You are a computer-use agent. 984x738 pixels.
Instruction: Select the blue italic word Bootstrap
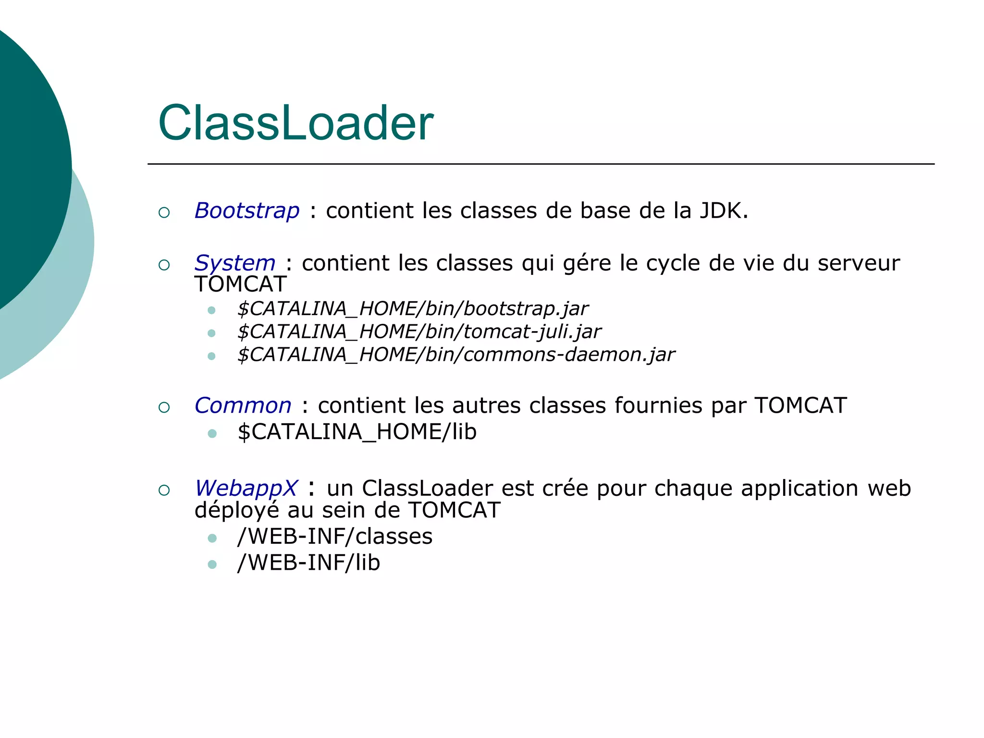pos(247,211)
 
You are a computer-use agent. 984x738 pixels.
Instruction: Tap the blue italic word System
pos(235,263)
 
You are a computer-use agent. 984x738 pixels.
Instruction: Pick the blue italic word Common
pos(243,406)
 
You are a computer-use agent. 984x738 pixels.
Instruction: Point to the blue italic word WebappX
pos(246,488)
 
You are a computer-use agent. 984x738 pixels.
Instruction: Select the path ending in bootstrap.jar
pos(413,308)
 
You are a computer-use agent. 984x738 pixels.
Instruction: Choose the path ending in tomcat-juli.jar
pos(419,332)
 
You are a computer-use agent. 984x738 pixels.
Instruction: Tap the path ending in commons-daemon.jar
pos(456,355)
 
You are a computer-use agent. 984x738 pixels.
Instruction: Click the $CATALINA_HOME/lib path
pos(357,431)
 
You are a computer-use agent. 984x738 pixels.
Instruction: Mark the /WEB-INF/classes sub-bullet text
pos(335,536)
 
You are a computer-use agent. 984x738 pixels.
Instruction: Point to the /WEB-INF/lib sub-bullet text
pos(308,563)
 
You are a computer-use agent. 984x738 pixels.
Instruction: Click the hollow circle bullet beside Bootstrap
pos(164,212)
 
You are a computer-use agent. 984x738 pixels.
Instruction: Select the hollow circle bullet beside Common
pos(164,407)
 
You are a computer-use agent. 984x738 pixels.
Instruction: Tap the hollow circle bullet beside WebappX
pos(164,490)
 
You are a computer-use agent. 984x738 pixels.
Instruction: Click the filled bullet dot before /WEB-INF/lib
pos(212,564)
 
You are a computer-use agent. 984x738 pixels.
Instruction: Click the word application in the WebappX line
pos(799,489)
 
